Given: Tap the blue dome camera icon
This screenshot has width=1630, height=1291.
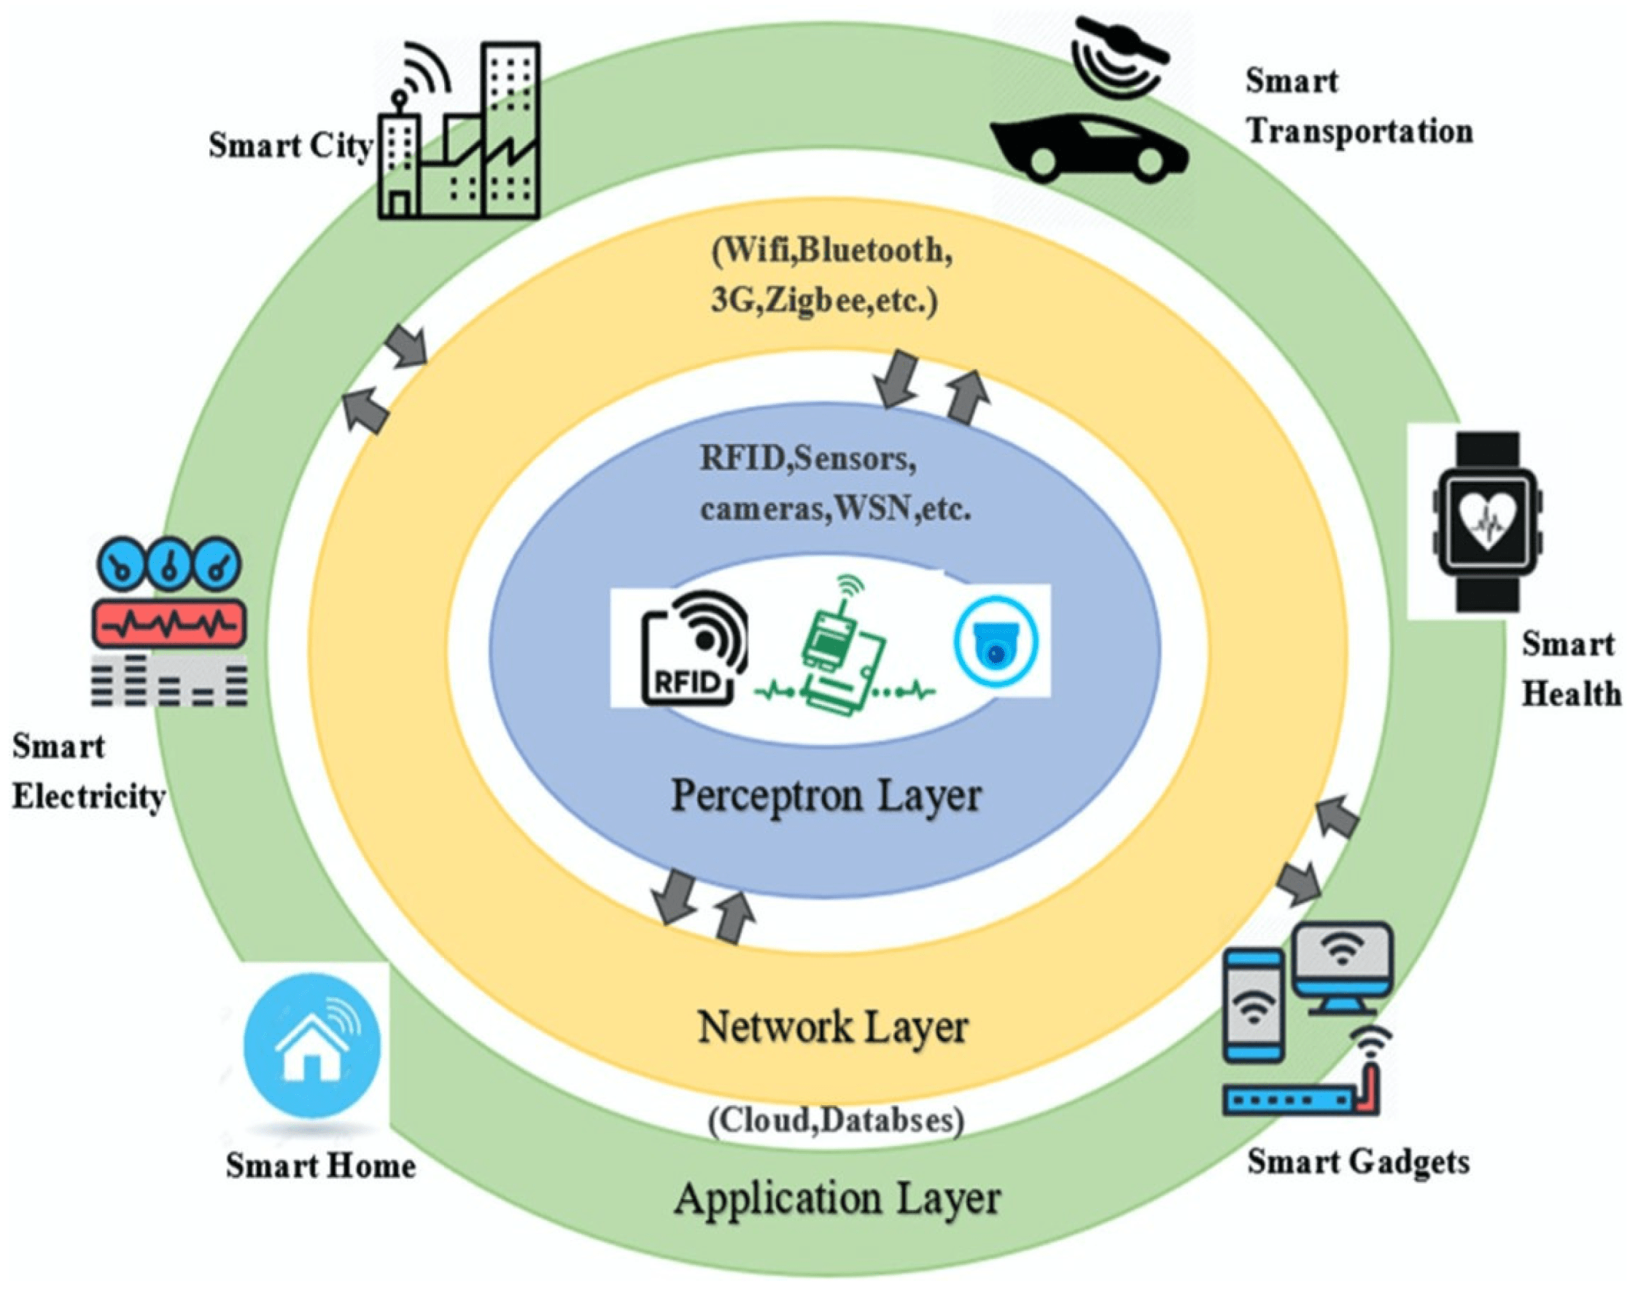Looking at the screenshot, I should tap(996, 641).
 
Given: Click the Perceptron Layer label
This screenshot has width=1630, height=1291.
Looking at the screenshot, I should tap(826, 796).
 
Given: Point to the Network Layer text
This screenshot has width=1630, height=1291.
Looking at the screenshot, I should tap(832, 1027).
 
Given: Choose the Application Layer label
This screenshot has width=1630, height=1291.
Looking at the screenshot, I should tap(837, 1198).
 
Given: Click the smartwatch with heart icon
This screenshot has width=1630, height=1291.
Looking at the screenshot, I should tap(1486, 521).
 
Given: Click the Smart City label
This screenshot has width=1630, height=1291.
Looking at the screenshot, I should tap(290, 146).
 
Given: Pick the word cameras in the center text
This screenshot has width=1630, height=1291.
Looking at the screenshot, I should tap(762, 509).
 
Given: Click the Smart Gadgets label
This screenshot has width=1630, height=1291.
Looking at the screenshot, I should tap(1358, 1162).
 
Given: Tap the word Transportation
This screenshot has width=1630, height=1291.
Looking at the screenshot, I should tap(1359, 131).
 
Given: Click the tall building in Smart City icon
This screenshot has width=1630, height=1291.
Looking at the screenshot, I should tap(511, 128).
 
